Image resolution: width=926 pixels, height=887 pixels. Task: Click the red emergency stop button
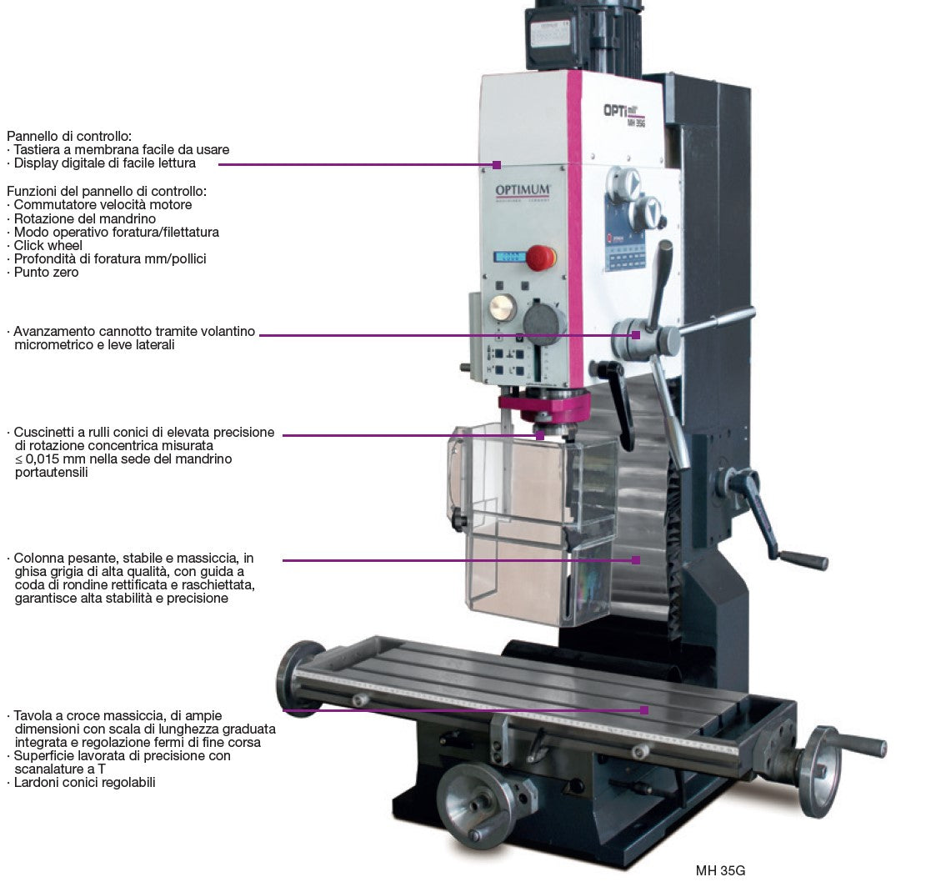pyautogui.click(x=540, y=258)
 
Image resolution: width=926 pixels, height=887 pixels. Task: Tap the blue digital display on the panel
pyautogui.click(x=509, y=258)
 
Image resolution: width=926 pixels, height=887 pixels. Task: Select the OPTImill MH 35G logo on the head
pyautogui.click(x=625, y=114)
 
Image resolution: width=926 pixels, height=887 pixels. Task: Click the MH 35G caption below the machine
pyautogui.click(x=720, y=870)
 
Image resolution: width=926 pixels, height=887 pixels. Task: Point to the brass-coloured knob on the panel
pyautogui.click(x=503, y=308)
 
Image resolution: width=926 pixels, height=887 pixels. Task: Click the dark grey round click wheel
pyautogui.click(x=544, y=323)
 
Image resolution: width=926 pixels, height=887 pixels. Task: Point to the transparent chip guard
pyautogui.click(x=532, y=523)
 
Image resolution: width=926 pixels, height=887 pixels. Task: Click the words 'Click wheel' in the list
pyautogui.click(x=48, y=246)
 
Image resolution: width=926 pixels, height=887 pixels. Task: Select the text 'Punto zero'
pyautogui.click(x=46, y=273)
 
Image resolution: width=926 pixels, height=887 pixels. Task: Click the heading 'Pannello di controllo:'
pyautogui.click(x=69, y=137)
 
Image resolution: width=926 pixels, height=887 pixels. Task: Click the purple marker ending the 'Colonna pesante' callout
pyautogui.click(x=636, y=560)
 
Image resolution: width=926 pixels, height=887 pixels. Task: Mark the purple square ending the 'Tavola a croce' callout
pyautogui.click(x=644, y=709)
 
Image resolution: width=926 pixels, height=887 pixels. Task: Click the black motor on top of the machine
pyautogui.click(x=583, y=37)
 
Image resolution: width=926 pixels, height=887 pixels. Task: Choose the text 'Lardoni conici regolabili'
pyautogui.click(x=84, y=783)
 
